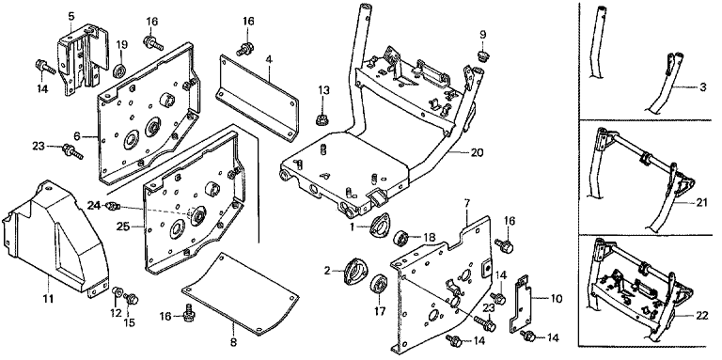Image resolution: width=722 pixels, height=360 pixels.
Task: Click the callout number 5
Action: click(x=71, y=17)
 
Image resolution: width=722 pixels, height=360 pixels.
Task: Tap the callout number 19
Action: click(x=121, y=45)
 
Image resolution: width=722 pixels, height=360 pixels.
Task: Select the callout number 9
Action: click(x=482, y=35)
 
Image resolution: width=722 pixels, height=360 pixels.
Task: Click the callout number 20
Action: click(x=477, y=152)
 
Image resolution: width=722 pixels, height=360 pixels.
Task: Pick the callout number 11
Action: click(x=48, y=299)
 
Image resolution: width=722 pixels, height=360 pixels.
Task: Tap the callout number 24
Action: click(x=94, y=206)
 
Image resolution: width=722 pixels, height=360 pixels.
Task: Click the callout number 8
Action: click(x=233, y=342)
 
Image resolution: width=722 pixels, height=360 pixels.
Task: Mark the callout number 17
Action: click(x=379, y=312)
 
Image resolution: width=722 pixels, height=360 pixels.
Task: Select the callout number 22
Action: click(x=701, y=316)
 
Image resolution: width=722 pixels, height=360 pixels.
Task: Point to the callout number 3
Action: click(x=702, y=87)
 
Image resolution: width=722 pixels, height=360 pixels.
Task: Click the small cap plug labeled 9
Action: click(x=482, y=56)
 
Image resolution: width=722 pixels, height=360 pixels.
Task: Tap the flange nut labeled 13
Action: click(x=322, y=120)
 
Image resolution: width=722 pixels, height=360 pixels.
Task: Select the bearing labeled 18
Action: click(x=401, y=239)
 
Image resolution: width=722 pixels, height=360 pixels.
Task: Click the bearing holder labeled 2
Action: click(x=355, y=272)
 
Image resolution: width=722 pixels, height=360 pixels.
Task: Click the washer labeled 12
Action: click(x=117, y=291)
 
